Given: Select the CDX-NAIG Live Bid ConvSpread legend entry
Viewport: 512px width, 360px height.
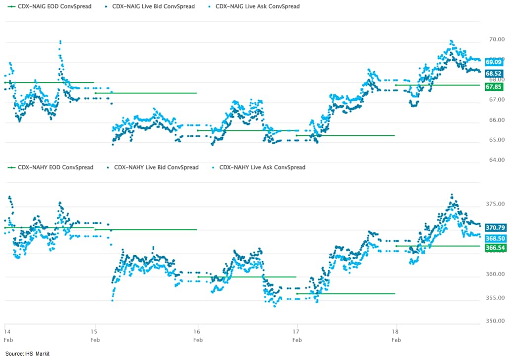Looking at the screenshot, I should coord(150,6).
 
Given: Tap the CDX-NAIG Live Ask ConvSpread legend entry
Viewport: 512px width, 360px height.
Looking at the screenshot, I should coord(254,6).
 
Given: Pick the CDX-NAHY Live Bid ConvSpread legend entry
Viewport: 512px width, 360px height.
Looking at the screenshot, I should coord(153,167).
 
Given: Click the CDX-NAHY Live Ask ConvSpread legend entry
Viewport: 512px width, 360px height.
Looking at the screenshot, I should coord(258,167).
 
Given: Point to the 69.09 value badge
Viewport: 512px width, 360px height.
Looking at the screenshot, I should coord(494,62).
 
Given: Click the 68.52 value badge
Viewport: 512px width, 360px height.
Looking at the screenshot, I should coord(494,74).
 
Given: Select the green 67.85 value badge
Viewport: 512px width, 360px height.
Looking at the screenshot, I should coord(494,87).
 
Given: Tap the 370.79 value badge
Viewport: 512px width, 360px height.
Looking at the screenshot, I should coord(495,228).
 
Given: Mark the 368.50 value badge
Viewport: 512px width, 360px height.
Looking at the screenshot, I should coord(495,238).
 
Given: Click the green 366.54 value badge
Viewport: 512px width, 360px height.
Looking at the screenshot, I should coord(495,248).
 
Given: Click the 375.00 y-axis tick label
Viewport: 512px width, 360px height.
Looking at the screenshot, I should coord(494,204).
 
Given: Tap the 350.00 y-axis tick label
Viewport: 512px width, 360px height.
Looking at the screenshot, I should coord(494,321).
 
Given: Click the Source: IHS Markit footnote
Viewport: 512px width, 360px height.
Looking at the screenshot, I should coord(28,354).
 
